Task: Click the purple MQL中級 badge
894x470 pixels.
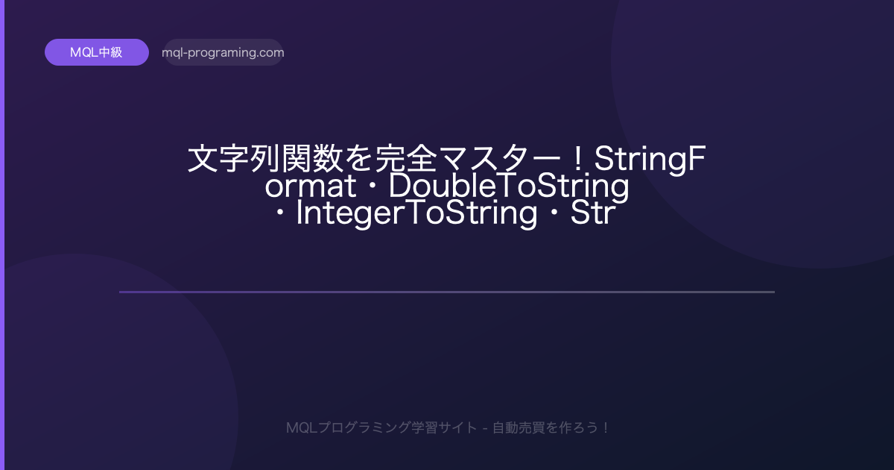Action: tap(97, 52)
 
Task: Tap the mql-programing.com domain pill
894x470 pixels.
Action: tap(223, 52)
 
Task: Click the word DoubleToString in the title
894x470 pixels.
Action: tap(508, 187)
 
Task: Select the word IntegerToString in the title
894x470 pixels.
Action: tap(416, 213)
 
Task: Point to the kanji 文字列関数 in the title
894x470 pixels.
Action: tap(265, 159)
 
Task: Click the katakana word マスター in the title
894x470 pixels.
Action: tap(501, 159)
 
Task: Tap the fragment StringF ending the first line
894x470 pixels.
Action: tap(650, 159)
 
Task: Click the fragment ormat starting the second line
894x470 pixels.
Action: tap(310, 187)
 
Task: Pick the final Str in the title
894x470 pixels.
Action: tap(593, 213)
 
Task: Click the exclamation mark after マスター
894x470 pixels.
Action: tap(577, 159)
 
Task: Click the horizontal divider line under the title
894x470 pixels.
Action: tap(447, 292)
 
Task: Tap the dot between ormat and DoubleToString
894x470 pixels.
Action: tap(372, 187)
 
